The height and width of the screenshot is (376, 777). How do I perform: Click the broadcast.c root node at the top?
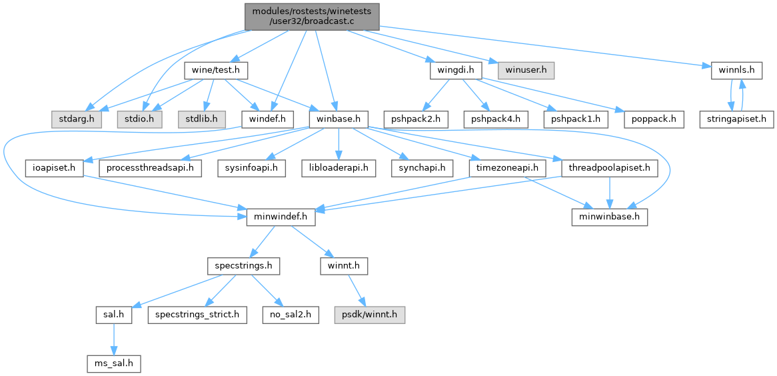click(312, 17)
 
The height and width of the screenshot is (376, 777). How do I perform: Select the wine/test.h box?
click(216, 71)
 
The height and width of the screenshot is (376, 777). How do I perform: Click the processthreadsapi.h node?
click(151, 169)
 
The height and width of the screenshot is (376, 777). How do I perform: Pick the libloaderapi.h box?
click(339, 169)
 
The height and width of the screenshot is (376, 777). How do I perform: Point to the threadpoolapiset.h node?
click(610, 169)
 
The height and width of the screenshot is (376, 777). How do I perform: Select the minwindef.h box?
click(281, 218)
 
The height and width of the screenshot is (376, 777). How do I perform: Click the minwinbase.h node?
click(610, 218)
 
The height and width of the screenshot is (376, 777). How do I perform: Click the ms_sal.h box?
click(114, 365)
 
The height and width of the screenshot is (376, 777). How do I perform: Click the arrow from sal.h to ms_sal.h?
click(114, 341)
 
